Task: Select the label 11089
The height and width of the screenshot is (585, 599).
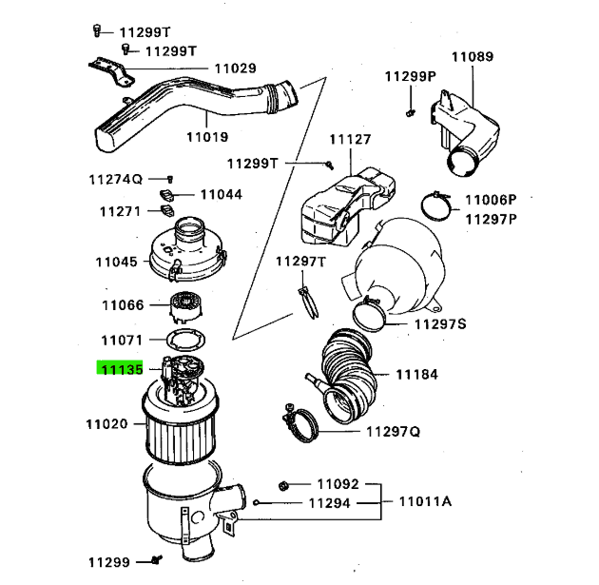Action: (x=473, y=56)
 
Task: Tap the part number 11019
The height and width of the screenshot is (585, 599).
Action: (x=207, y=137)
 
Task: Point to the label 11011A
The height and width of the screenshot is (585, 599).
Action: (x=425, y=501)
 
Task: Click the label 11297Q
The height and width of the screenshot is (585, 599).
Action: (x=393, y=432)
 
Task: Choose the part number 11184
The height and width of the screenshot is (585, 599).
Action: (x=416, y=375)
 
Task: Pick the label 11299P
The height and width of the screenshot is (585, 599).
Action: (x=411, y=76)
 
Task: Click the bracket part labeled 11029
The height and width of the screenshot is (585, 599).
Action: (x=112, y=71)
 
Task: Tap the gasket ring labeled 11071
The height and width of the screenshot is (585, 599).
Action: (x=185, y=340)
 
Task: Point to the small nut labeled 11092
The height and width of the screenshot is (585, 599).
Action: (x=283, y=486)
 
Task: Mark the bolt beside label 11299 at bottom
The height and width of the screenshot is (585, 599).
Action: (x=156, y=560)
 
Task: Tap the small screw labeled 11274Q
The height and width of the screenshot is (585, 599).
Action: (x=170, y=179)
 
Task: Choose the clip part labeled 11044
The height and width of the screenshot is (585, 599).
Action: (x=167, y=195)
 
